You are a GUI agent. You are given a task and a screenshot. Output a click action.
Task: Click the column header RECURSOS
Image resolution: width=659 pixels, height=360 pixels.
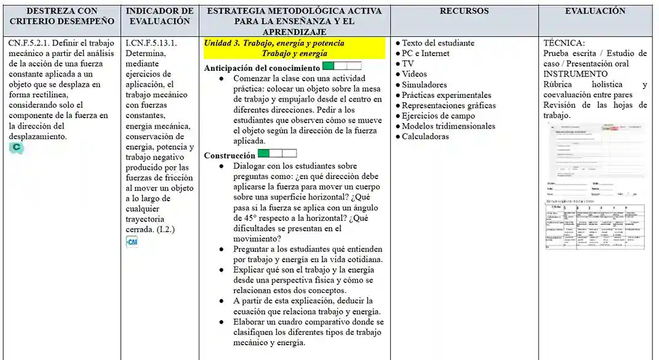pos(464,11)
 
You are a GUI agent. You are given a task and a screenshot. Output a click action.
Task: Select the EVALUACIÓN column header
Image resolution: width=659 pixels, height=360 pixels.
pos(595,11)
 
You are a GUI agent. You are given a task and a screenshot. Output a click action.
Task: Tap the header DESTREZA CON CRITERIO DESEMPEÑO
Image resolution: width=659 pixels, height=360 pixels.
pos(62,16)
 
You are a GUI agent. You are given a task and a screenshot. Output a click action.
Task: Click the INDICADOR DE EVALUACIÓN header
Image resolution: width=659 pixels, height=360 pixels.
pos(159,16)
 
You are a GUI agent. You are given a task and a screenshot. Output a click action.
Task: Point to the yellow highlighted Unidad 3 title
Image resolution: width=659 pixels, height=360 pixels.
pos(294,49)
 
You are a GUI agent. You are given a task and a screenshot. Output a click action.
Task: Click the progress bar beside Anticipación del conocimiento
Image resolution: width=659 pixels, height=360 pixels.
pos(341,66)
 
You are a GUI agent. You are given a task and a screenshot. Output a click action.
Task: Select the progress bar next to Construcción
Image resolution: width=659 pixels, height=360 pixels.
pos(277,153)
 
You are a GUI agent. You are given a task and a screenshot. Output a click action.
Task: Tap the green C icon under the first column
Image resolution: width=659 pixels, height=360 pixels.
pos(16,148)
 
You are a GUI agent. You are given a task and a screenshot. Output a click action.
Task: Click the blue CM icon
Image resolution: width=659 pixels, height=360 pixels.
pos(132,242)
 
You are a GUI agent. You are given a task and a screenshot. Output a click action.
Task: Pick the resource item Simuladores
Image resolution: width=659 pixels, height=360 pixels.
pos(424,85)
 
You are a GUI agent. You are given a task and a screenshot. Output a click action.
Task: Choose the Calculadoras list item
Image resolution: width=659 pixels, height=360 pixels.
pos(425,137)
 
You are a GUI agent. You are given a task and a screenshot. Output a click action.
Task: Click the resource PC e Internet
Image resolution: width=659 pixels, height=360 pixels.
pos(425,54)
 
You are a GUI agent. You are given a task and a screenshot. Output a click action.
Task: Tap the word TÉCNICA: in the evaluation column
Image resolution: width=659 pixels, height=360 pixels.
pos(564,43)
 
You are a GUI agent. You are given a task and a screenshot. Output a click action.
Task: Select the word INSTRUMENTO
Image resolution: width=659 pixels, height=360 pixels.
pos(575,74)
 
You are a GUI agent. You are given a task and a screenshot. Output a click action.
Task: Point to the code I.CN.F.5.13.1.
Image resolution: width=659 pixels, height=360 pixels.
pos(151,43)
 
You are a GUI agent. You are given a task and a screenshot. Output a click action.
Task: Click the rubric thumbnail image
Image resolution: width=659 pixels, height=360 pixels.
pos(595,185)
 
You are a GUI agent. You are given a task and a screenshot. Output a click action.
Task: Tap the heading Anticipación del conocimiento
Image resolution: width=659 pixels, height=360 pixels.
pos(262,68)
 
